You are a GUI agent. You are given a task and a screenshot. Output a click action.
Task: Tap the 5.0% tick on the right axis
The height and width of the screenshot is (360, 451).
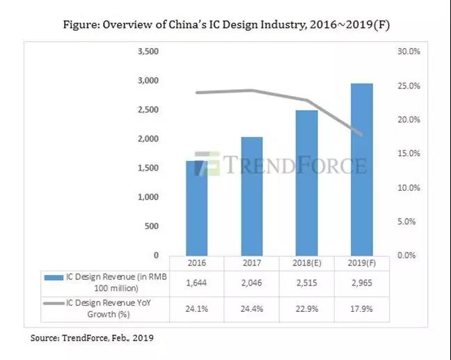(406, 222)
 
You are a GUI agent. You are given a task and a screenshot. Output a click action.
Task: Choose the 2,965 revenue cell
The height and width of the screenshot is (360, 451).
(361, 282)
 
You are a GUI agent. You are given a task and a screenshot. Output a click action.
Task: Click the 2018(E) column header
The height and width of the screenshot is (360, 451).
(306, 263)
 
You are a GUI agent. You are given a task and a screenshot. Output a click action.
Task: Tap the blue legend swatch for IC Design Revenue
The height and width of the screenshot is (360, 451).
(52, 278)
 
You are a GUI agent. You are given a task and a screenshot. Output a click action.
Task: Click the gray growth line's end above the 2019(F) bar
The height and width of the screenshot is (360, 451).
(361, 134)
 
